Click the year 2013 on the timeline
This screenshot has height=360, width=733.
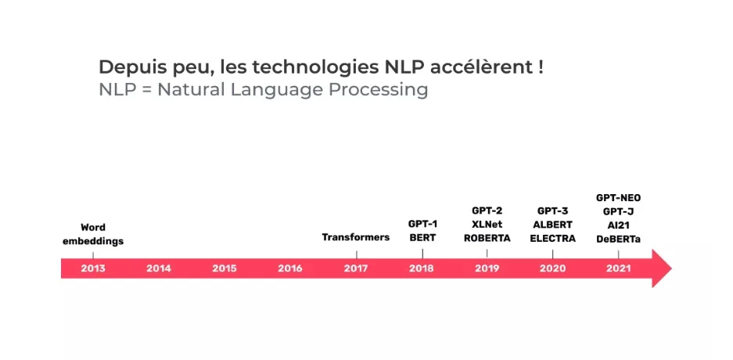click(x=93, y=268)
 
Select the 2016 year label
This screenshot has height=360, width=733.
click(x=289, y=268)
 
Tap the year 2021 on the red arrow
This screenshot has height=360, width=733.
click(x=619, y=268)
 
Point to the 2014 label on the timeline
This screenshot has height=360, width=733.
click(x=159, y=268)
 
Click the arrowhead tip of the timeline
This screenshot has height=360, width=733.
click(x=671, y=268)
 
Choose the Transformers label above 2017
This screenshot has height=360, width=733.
click(x=356, y=237)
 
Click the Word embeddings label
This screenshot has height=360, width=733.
click(x=93, y=234)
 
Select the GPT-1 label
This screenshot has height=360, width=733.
click(x=422, y=224)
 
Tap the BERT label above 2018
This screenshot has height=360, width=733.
click(x=422, y=237)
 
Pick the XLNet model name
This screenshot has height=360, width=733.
click(x=487, y=225)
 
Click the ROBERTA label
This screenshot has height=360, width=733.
click(x=487, y=239)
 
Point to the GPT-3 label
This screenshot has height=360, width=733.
click(x=552, y=211)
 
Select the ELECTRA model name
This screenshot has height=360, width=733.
click(x=552, y=239)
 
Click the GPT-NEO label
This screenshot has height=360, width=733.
click(x=619, y=198)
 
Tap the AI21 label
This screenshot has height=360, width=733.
click(x=619, y=225)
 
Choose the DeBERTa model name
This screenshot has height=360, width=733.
click(x=619, y=239)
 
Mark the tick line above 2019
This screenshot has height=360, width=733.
click(x=487, y=253)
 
